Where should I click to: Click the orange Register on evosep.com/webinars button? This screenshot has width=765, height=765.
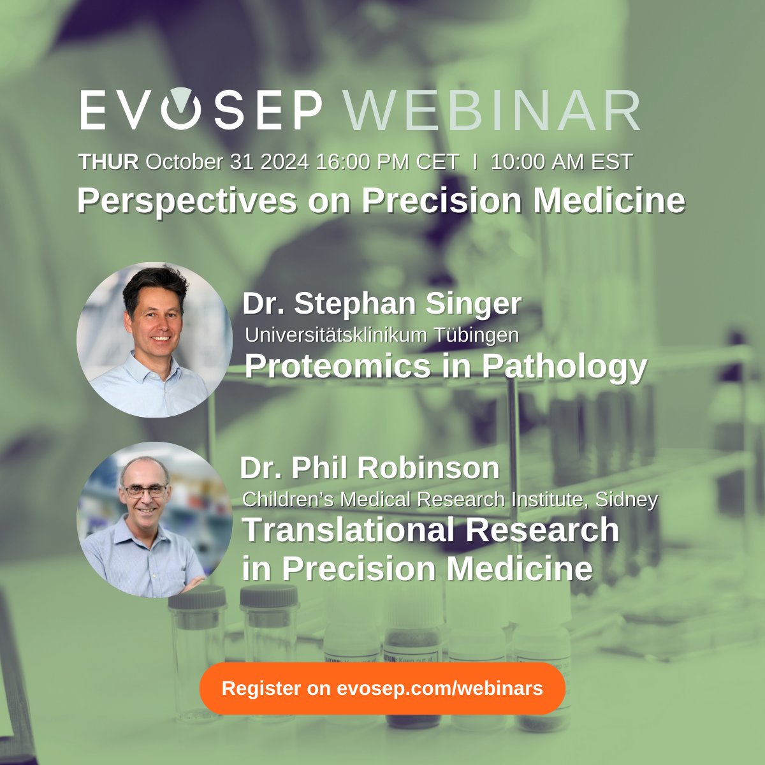[x=382, y=688]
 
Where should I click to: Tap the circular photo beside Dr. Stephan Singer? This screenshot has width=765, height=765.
[x=154, y=340]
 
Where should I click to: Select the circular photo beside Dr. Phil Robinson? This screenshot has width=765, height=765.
[x=154, y=520]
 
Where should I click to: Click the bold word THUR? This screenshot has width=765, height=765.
[x=108, y=162]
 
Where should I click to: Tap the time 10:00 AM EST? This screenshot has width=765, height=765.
[x=562, y=162]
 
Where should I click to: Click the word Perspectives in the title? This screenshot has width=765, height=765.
[x=187, y=201]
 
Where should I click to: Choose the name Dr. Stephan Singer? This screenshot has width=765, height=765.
[x=382, y=304]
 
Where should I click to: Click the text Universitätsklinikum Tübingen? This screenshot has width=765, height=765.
[x=382, y=334]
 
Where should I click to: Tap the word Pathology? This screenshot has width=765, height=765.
[x=564, y=366]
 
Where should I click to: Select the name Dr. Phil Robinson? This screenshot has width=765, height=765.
[x=370, y=468]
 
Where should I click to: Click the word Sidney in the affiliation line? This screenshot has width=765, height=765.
[x=626, y=499]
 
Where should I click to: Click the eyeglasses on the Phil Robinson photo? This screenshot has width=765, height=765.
[x=145, y=491]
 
